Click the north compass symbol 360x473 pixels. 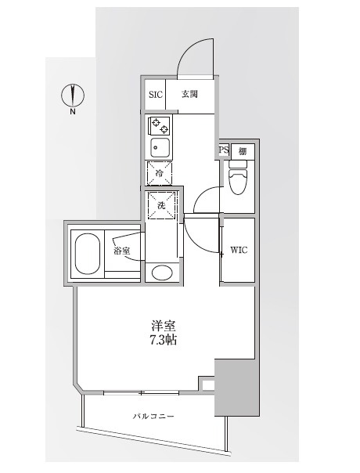tap(73, 95)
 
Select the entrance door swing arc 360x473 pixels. tap(191, 56)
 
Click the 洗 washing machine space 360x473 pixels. tap(162, 204)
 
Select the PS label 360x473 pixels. tap(223, 150)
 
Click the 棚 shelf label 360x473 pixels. tap(243, 150)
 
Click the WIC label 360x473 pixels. tap(239, 251)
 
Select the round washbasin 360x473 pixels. tap(163, 273)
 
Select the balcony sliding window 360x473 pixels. tap(142, 391)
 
